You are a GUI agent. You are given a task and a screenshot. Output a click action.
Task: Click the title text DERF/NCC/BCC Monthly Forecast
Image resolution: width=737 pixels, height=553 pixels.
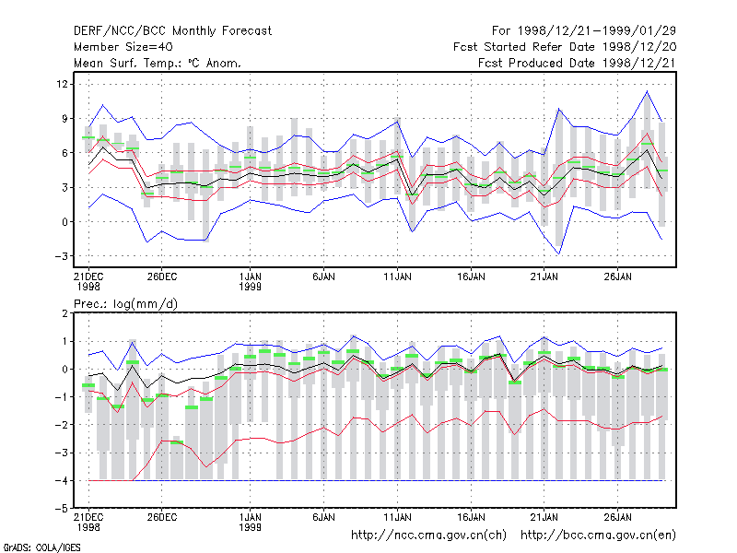pyautogui.click(x=172, y=31)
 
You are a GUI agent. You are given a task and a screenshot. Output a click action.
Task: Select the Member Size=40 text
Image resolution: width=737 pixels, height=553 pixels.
pyautogui.click(x=123, y=47)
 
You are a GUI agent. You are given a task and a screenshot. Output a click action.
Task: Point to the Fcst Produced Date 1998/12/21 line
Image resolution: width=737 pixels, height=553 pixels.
pyautogui.click(x=577, y=63)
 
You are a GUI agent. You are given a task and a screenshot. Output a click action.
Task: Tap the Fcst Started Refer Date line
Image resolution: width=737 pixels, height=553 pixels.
pyautogui.click(x=565, y=47)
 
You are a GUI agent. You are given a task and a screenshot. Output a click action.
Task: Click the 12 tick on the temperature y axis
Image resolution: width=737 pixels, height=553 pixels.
pyautogui.click(x=62, y=84)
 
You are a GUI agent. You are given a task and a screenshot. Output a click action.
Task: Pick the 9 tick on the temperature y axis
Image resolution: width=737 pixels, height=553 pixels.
pyautogui.click(x=64, y=119)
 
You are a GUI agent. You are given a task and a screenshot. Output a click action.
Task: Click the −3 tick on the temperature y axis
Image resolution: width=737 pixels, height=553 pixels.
pyautogui.click(x=61, y=256)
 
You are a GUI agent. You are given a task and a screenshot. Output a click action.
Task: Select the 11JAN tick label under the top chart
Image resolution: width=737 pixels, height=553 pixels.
pyautogui.click(x=397, y=277)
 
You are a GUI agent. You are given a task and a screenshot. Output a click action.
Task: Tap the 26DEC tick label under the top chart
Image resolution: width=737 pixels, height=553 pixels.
pyautogui.click(x=162, y=277)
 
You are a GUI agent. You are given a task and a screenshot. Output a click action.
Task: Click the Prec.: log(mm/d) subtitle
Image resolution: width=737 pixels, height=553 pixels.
pyautogui.click(x=125, y=304)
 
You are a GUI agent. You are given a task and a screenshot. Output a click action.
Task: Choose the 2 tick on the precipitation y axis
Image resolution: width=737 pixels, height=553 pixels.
pyautogui.click(x=64, y=313)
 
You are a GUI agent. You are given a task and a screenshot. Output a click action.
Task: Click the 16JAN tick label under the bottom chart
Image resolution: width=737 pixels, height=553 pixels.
pyautogui.click(x=471, y=517)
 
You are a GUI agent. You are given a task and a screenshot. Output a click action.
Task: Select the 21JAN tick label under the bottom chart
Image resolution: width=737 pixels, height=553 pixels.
pyautogui.click(x=544, y=517)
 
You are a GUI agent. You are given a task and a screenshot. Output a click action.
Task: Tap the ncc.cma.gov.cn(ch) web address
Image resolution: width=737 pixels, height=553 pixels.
pyautogui.click(x=428, y=535)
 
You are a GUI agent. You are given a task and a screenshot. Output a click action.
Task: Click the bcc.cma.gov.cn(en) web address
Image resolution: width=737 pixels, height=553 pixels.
pyautogui.click(x=598, y=535)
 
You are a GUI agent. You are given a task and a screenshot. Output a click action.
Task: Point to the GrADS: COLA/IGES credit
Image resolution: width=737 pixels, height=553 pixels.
pyautogui.click(x=41, y=547)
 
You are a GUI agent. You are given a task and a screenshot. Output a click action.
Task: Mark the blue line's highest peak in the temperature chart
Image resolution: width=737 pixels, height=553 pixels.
pyautogui.click(x=647, y=91)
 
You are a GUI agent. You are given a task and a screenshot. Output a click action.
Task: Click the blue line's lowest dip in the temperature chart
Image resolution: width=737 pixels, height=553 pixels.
pyautogui.click(x=559, y=254)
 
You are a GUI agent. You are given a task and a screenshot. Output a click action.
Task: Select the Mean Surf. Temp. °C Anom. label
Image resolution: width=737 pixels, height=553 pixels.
pyautogui.click(x=158, y=63)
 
